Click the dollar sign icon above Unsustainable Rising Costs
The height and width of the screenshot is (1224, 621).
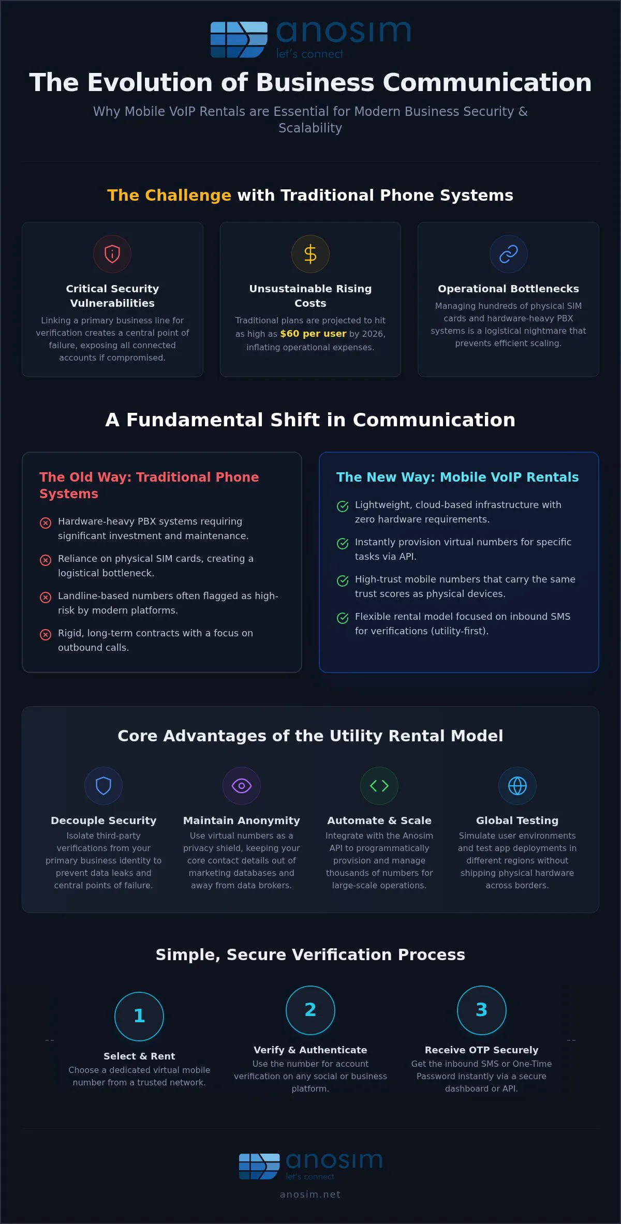coord(310,254)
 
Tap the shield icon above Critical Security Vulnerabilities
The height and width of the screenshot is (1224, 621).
coord(112,254)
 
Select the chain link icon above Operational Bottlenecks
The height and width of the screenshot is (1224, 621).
coord(509,254)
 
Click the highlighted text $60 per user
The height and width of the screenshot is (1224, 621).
coord(313,334)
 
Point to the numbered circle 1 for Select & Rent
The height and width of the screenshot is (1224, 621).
coord(139,1016)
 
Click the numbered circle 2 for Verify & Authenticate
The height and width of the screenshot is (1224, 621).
coord(310,1010)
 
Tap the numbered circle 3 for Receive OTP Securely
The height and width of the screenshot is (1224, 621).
coord(482,1010)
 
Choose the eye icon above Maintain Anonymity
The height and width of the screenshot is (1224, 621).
coord(242,786)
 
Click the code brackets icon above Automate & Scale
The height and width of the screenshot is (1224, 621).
coord(379,786)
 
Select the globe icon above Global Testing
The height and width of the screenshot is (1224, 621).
coord(517,786)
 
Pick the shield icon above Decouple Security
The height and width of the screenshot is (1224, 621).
coord(103,786)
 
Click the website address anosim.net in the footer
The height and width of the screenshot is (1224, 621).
coord(310,1195)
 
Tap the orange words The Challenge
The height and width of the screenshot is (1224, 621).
coord(169,195)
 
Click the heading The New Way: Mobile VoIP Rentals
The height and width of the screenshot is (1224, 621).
coord(457,477)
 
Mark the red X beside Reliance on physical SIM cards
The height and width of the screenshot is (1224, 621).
coord(46,560)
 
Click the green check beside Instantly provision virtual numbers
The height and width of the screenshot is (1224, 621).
coord(343,543)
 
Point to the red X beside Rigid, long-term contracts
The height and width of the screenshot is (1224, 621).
coord(46,634)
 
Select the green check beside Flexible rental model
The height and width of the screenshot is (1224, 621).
coord(343,618)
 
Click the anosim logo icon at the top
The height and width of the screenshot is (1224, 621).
coord(239,39)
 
